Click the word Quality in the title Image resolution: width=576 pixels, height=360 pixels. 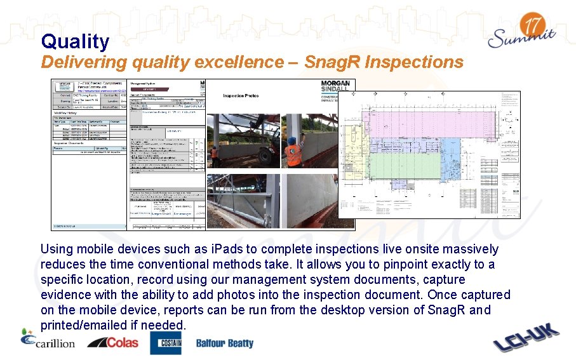click(x=75, y=42)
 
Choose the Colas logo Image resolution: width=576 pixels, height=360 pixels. click(x=112, y=343)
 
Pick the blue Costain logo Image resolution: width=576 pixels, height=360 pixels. click(x=165, y=343)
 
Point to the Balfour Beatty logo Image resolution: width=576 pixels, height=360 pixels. click(x=224, y=343)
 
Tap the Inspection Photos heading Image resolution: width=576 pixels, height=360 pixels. click(x=241, y=96)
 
